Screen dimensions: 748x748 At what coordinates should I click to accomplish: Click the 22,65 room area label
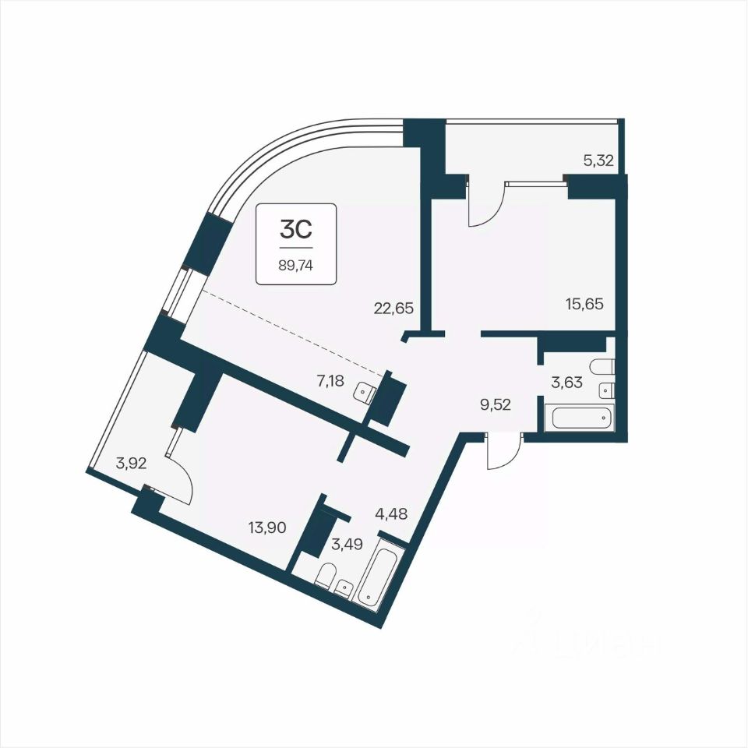click(393, 309)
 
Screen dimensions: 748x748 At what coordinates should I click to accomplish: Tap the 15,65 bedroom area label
click(584, 303)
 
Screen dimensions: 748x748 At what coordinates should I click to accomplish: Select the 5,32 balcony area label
click(598, 161)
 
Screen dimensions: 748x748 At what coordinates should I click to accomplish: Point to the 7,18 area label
click(330, 381)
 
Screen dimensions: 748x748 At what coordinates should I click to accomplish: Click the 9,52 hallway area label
click(496, 405)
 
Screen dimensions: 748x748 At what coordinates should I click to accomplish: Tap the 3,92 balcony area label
click(131, 463)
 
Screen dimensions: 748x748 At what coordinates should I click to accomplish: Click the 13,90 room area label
click(267, 527)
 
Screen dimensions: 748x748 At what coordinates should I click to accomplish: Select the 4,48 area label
click(392, 514)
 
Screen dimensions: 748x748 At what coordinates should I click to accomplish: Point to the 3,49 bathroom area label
click(348, 544)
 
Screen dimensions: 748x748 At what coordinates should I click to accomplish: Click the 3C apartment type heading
click(296, 229)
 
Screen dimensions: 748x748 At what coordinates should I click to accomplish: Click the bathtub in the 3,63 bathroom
click(581, 418)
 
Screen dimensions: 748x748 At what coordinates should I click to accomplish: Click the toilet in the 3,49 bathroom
click(326, 575)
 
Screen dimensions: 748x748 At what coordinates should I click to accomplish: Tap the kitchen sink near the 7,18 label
click(365, 393)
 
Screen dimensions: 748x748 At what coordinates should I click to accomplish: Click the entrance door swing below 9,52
click(504, 451)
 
